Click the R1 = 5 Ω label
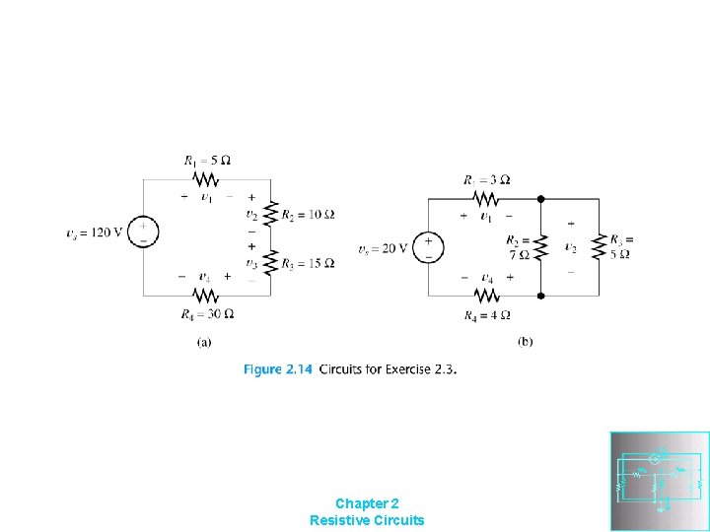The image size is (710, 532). tap(207, 160)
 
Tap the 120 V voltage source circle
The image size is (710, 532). tap(143, 233)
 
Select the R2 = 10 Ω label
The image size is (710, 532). tap(308, 215)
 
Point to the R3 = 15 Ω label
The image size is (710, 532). tap(308, 263)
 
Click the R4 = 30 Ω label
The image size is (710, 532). tap(207, 314)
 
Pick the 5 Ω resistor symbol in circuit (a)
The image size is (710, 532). tap(205, 179)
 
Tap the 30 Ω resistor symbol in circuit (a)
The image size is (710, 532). tap(205, 295)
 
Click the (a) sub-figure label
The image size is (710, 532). tap(204, 342)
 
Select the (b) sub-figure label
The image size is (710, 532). tap(525, 342)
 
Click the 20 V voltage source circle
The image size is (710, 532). tap(428, 247)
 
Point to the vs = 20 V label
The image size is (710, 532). tap(383, 248)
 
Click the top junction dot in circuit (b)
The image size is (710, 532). tap(540, 198)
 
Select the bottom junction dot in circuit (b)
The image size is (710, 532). tap(540, 295)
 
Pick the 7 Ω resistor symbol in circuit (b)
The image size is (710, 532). tap(540, 246)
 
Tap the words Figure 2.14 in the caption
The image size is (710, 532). tap(277, 369)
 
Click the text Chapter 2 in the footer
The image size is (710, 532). tap(367, 502)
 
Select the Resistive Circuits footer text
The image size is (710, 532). tap(367, 519)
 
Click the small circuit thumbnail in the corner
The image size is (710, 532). tap(660, 481)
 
